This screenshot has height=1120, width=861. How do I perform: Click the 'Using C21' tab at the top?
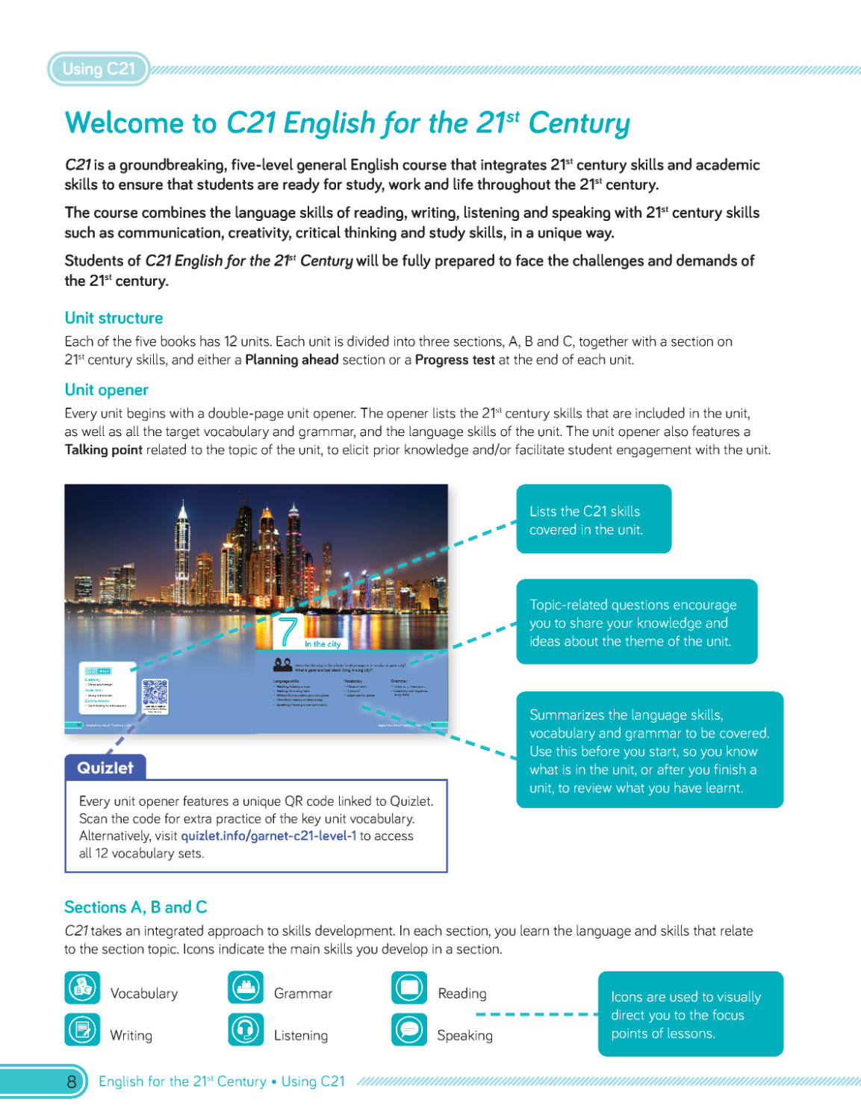click(99, 69)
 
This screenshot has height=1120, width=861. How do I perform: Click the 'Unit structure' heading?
click(114, 318)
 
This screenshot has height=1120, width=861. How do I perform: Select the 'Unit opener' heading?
click(106, 390)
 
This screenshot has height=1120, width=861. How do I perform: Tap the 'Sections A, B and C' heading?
click(135, 907)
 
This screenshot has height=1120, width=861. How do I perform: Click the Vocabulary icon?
click(82, 988)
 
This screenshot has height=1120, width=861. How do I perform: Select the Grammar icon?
click(246, 988)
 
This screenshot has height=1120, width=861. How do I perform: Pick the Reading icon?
click(409, 988)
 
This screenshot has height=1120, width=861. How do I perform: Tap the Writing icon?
click(82, 1030)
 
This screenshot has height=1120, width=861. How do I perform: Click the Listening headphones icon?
click(246, 1030)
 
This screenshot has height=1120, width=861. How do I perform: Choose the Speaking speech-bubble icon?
click(409, 1030)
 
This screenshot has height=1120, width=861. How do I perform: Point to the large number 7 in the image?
click(288, 632)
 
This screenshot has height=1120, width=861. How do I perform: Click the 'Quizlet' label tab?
click(105, 768)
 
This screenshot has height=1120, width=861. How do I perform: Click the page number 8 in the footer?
click(72, 1081)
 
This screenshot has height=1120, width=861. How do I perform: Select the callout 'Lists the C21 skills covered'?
click(594, 520)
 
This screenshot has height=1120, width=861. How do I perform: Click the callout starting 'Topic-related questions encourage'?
click(636, 622)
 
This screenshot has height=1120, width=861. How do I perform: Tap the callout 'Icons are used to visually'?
click(690, 1014)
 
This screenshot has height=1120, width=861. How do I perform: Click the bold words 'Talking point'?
click(103, 449)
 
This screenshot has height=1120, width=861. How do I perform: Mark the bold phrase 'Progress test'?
click(454, 360)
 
